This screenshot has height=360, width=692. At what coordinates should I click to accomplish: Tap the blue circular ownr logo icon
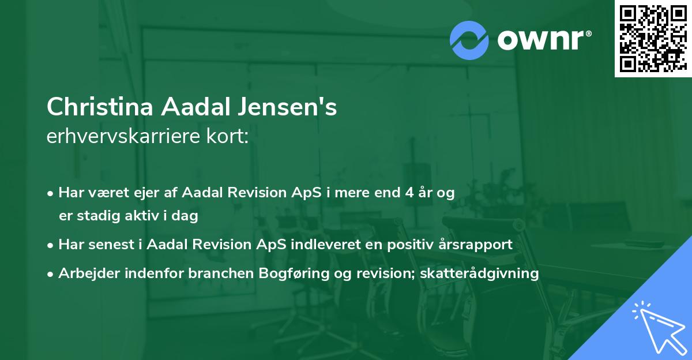click(469, 39)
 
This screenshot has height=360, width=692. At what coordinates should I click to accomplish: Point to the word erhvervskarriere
click(126, 137)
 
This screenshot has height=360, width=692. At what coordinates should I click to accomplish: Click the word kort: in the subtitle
click(229, 137)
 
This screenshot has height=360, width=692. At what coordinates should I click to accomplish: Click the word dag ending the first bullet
click(187, 216)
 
